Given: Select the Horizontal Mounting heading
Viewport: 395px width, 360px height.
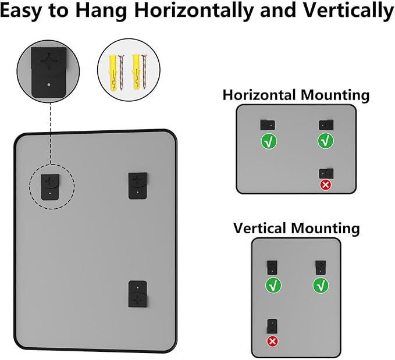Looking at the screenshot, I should [x=296, y=95].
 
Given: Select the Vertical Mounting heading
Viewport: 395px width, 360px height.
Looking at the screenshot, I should [x=296, y=227].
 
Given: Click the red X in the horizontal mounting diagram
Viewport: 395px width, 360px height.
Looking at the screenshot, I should [x=326, y=185].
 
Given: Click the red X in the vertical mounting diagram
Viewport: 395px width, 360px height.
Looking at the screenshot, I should [x=272, y=341].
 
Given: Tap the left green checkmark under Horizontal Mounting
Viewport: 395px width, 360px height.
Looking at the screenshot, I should [x=268, y=141].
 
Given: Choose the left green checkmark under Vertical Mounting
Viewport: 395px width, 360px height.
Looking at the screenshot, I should [x=272, y=286].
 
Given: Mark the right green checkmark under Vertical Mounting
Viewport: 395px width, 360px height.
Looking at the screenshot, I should [x=321, y=286].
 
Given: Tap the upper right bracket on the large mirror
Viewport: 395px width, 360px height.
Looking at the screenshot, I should [x=138, y=185].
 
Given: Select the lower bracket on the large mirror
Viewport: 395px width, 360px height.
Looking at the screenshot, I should [x=138, y=295].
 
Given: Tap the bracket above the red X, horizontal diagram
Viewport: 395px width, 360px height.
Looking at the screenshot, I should [x=326, y=172].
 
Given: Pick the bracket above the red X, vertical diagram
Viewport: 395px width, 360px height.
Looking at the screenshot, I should [x=272, y=326].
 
